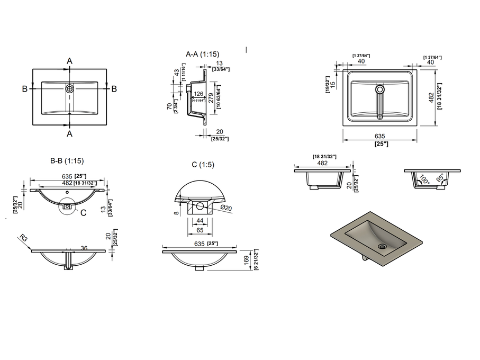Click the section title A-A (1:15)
203,54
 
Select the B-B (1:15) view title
67,160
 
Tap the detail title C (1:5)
203,165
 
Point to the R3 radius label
23,239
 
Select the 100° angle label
424,178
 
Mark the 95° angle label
440,178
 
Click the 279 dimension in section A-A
211,97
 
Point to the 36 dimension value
84,248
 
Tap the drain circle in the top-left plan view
69,89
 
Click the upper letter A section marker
69,61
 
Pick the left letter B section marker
24,89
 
